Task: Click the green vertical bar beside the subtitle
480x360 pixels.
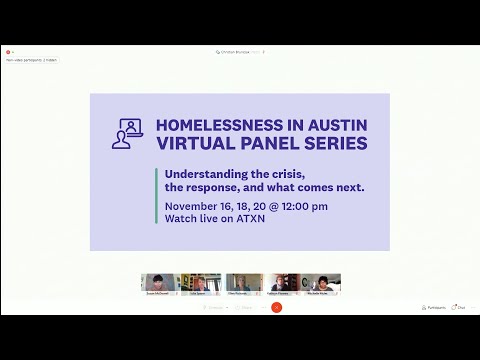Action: click(x=157, y=196)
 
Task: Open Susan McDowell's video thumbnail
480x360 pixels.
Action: click(x=158, y=283)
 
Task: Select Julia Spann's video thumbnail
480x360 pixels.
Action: click(x=200, y=283)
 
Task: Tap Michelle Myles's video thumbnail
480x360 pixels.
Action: click(x=323, y=283)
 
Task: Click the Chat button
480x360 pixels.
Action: click(x=459, y=307)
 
